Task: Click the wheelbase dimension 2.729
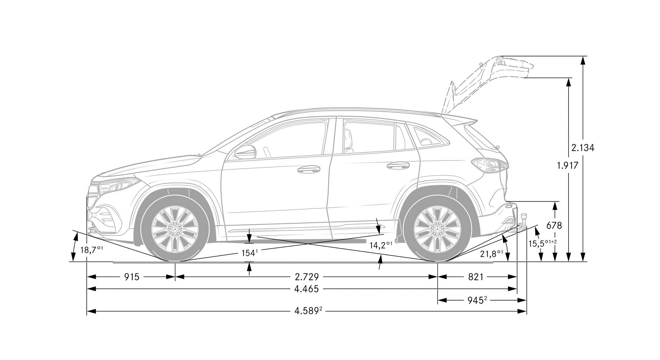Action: (307, 277)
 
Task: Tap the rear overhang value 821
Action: (476, 277)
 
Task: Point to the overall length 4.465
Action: (306, 289)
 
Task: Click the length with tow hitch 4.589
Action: (308, 311)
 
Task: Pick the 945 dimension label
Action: (477, 300)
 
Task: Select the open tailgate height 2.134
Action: (583, 148)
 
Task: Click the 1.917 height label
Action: (568, 166)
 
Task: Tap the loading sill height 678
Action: (554, 226)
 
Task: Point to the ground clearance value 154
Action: (250, 253)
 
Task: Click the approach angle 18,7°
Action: (91, 250)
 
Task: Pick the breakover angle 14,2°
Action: (381, 245)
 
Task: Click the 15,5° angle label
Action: (542, 243)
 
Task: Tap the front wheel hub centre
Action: (175, 229)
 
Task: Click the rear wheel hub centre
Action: (437, 229)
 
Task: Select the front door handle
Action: (308, 169)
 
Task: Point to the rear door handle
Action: (398, 165)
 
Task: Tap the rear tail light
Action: (489, 165)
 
